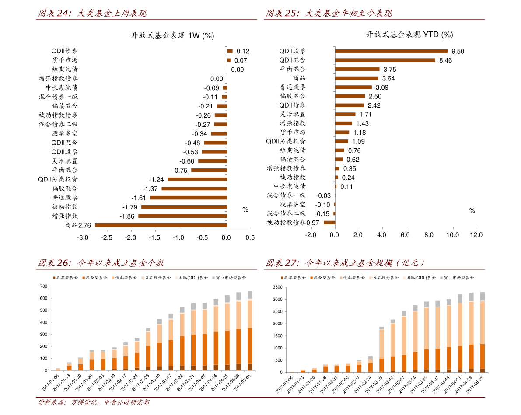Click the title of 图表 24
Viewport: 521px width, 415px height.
(92, 14)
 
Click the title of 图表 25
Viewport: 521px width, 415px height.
(329, 14)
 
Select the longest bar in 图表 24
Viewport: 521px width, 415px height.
(161, 225)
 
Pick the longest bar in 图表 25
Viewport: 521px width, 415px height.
(392, 51)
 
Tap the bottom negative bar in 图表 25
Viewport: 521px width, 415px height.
(329, 223)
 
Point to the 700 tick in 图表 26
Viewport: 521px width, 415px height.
(43, 286)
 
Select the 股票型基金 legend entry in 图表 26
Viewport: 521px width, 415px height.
(66, 278)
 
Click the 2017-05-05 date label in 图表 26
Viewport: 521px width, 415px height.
(242, 382)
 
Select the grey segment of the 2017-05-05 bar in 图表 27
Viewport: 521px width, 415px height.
(482, 296)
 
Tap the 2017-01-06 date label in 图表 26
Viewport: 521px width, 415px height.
(51, 382)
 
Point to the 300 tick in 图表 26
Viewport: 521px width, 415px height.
(43, 335)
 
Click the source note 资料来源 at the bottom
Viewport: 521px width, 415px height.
(93, 402)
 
